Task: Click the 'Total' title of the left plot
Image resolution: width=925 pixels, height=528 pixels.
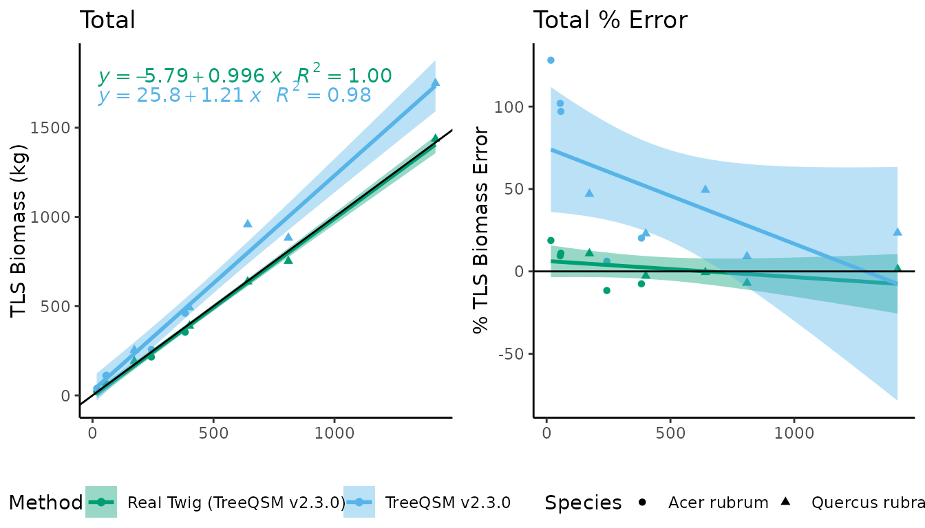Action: tap(107, 20)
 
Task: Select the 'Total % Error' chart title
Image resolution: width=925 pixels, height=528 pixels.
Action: tap(610, 20)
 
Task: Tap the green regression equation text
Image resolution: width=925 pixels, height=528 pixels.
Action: tap(245, 76)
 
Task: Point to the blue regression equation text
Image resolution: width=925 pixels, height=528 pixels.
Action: tap(234, 96)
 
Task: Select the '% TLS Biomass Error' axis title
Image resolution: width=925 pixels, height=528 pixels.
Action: tap(481, 230)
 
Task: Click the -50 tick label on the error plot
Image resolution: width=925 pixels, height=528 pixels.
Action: tap(509, 354)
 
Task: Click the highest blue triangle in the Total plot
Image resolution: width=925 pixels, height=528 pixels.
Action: tap(435, 82)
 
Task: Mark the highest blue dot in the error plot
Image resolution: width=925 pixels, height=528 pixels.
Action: tap(551, 60)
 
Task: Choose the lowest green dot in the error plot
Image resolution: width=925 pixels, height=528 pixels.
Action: tap(606, 291)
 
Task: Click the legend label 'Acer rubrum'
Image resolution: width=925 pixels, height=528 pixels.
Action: tap(718, 503)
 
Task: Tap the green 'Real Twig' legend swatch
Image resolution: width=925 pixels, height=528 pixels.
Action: tap(101, 503)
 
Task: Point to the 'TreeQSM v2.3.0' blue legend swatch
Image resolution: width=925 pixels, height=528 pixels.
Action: tap(359, 503)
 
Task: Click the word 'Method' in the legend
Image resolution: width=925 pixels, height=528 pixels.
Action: tap(45, 503)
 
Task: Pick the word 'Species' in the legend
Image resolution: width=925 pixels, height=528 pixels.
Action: tap(582, 503)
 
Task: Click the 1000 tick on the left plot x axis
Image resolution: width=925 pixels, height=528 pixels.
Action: tap(334, 434)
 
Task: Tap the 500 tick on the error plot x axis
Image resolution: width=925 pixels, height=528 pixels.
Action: tap(670, 434)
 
